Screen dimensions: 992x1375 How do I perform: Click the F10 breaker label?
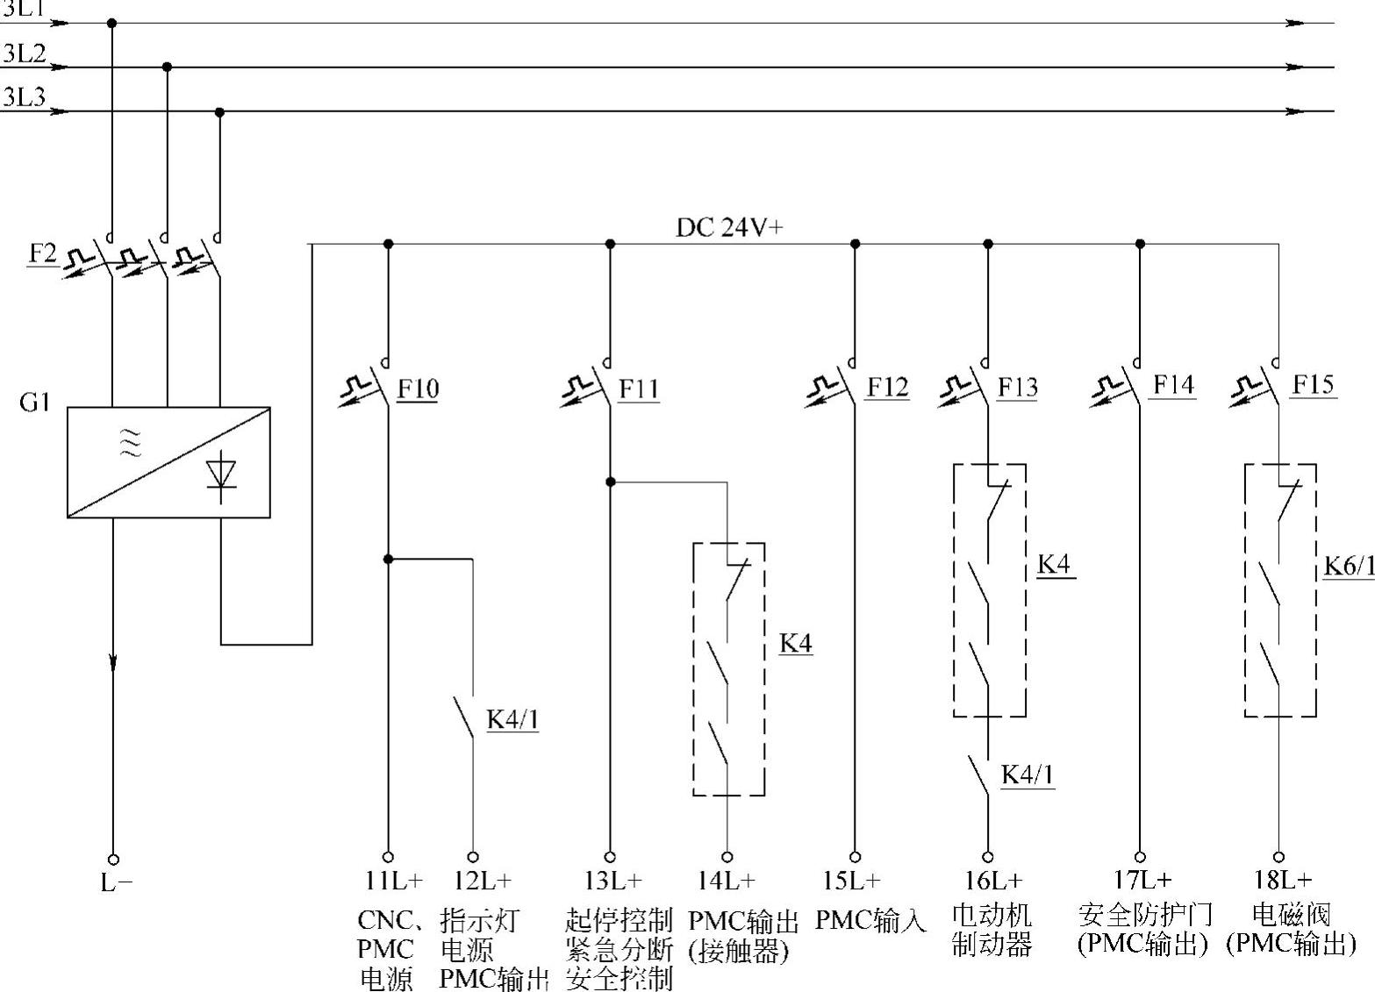418,389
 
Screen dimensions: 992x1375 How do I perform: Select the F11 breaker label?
639,389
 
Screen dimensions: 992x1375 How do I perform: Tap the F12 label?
888,387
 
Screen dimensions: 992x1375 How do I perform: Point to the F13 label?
1017,387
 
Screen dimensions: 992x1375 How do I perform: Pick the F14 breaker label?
1173,384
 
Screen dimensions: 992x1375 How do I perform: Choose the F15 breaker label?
1313,384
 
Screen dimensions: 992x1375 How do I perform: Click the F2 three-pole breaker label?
41,253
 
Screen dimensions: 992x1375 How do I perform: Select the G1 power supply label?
34,403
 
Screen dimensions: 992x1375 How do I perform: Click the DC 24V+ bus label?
729,228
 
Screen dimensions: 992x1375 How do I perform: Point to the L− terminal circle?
112,860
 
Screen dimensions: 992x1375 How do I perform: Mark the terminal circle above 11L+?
388,857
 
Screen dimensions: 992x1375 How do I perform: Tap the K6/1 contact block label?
1349,567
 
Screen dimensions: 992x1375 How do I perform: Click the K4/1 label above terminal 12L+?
512,720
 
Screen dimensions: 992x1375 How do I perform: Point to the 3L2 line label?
24,54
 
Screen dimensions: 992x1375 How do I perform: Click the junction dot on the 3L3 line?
220,112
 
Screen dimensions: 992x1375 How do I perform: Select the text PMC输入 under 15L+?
870,920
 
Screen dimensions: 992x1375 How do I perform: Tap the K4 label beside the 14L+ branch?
796,643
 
